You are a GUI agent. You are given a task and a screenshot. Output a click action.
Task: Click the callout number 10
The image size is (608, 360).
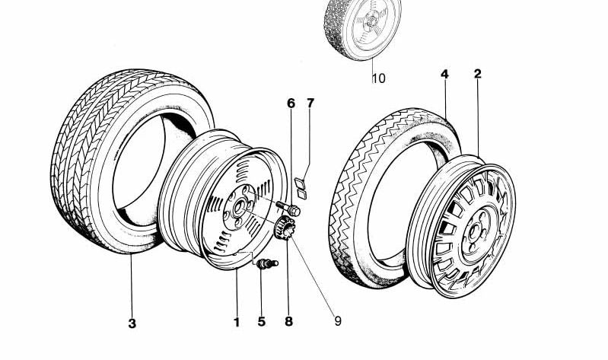[379, 78]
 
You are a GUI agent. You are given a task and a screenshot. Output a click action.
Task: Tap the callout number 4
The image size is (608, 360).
[444, 74]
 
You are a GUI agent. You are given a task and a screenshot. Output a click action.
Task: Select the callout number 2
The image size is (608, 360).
[477, 74]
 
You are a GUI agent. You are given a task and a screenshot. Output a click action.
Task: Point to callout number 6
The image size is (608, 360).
[290, 103]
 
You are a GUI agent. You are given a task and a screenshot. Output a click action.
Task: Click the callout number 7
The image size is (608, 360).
[310, 103]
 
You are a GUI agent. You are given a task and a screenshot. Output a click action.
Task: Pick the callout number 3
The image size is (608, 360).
[132, 323]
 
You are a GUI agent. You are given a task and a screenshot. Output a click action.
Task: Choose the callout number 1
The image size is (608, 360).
[237, 322]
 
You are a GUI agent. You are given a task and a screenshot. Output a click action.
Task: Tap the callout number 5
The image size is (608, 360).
[261, 322]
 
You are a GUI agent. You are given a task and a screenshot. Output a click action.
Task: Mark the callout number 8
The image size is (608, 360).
[288, 322]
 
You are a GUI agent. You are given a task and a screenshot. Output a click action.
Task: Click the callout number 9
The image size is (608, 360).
[338, 322]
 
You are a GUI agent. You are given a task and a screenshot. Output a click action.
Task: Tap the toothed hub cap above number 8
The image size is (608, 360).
[286, 228]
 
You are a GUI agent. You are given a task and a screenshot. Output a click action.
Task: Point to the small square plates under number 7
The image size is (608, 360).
[301, 187]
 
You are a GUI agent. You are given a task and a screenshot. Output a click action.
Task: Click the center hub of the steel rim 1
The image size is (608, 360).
[238, 206]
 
